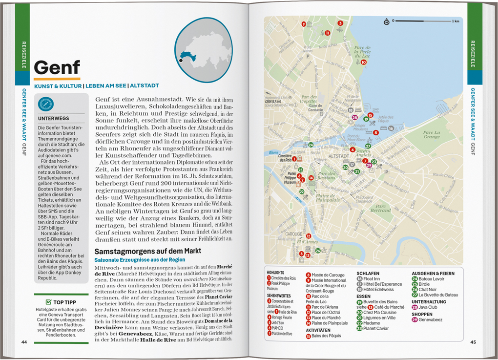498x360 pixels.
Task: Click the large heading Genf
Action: [x=57, y=67]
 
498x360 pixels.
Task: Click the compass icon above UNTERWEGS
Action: [x=45, y=105]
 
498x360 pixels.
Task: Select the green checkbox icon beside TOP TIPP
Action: [x=48, y=302]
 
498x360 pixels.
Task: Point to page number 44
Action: [x=24, y=342]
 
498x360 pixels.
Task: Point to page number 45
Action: [x=473, y=342]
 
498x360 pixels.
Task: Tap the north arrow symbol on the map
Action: [x=386, y=21]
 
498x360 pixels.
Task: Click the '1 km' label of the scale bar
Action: [x=455, y=21]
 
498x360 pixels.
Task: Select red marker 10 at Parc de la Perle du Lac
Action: [x=363, y=62]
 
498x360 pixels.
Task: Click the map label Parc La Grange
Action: [x=431, y=134]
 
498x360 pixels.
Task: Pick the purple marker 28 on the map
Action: [x=354, y=118]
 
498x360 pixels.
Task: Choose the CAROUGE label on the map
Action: [x=294, y=234]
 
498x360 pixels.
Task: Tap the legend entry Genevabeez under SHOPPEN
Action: [x=431, y=320]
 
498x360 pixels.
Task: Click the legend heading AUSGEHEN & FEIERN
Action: [x=433, y=273]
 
